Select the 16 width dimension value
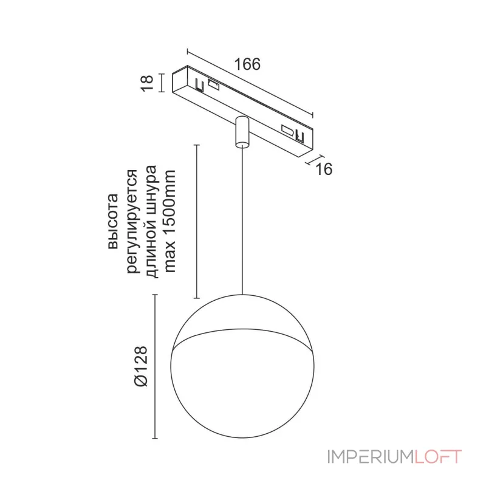point(324,169)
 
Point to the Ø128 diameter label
point(141,366)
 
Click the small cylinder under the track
point(241,131)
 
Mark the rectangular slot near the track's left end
point(213,85)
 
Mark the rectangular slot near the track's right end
point(286,129)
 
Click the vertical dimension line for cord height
point(196,222)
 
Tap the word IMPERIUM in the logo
point(370,457)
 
